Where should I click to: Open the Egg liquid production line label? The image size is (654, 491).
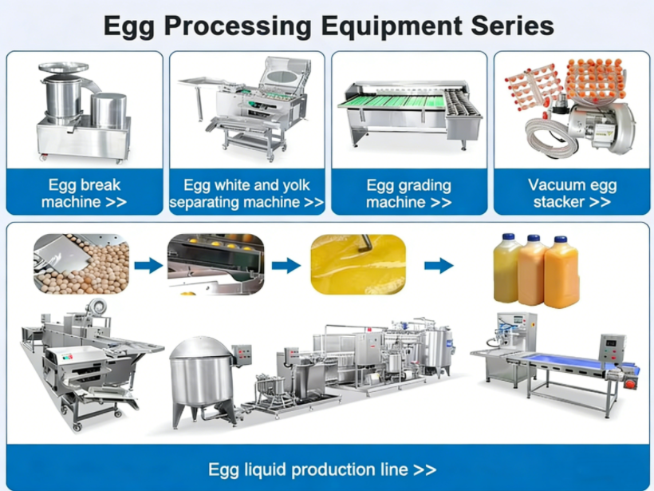(322, 469)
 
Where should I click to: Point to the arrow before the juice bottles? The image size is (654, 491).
(438, 264)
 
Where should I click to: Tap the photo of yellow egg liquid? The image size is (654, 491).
(358, 263)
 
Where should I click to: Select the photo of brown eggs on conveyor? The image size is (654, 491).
(81, 263)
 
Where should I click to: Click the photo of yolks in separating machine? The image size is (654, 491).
(215, 263)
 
